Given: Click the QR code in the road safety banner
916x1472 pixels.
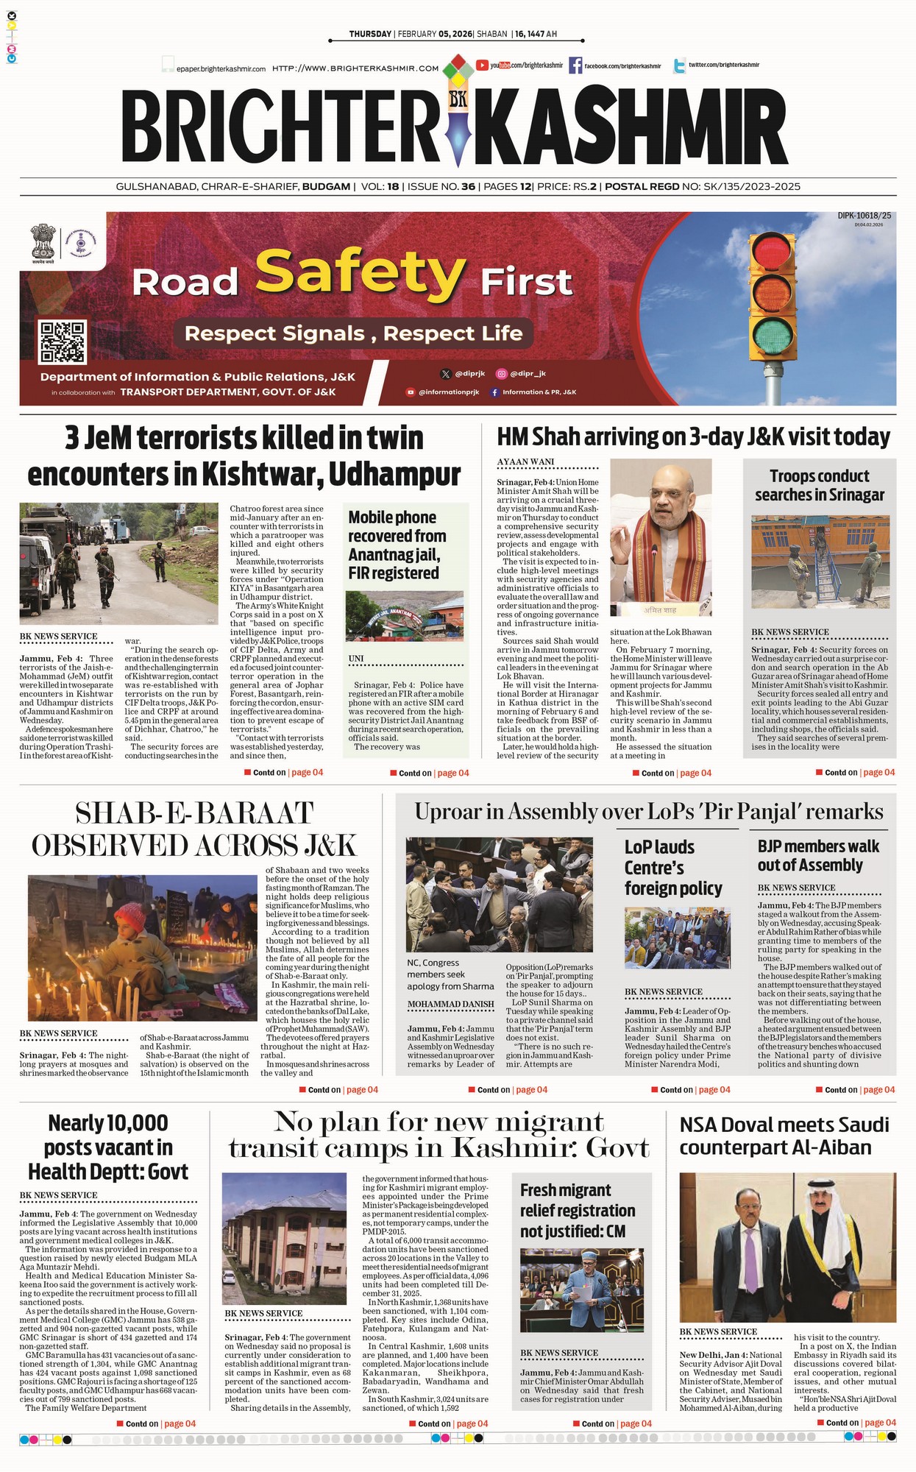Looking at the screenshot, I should (63, 342).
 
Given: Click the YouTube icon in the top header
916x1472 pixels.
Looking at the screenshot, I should (483, 66).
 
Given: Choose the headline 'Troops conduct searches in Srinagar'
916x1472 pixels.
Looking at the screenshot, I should (819, 486).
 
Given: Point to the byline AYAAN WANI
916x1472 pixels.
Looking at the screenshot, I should (525, 462).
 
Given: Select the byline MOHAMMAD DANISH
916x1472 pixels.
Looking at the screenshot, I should (450, 1004).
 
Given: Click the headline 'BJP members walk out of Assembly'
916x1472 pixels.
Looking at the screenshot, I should (818, 856).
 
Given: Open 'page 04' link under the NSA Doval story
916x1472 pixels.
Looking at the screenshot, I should (880, 1423).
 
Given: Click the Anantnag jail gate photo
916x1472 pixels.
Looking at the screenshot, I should (405, 615).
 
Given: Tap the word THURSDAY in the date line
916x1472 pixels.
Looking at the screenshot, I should (370, 34).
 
